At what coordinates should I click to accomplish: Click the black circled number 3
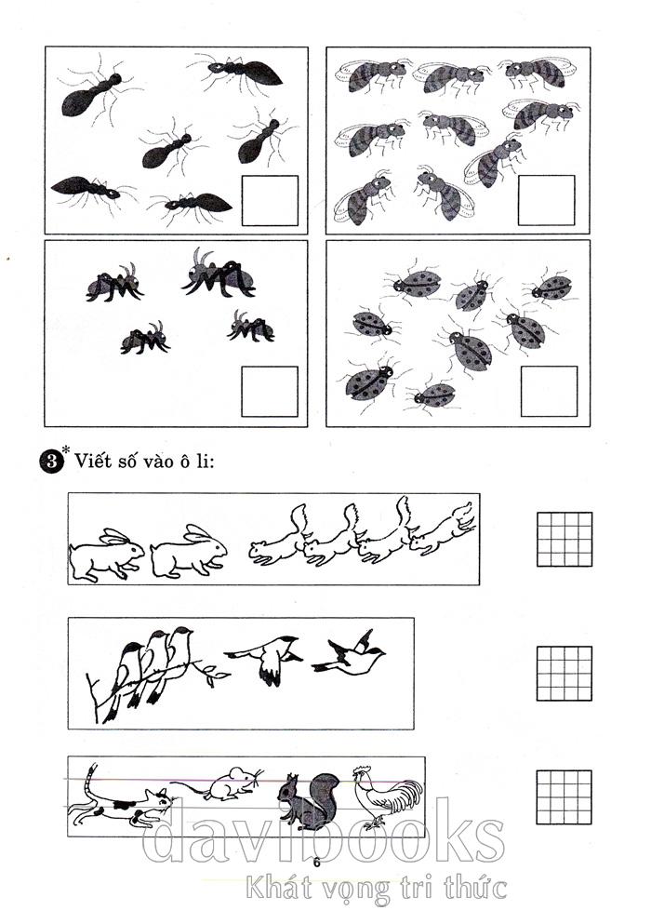point(50,462)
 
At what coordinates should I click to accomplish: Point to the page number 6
point(316,862)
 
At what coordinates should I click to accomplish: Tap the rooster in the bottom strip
point(387,796)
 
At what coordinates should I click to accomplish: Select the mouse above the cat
point(223,784)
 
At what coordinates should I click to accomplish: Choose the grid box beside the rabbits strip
point(565,539)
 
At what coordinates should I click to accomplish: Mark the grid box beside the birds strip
point(565,674)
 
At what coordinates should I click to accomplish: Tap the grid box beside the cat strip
point(564,797)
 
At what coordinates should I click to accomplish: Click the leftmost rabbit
point(106,554)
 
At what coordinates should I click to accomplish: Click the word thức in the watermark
point(476,888)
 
